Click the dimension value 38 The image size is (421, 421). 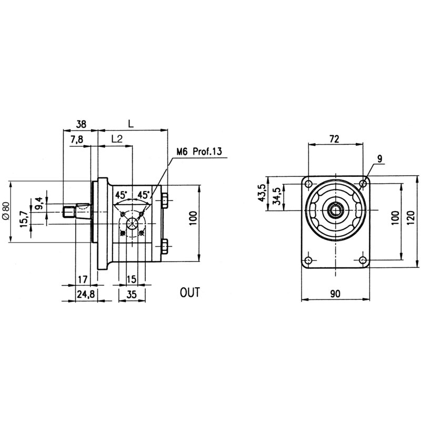[x=81, y=124]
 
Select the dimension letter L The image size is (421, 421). [x=131, y=124]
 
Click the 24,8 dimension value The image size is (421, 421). [x=86, y=295]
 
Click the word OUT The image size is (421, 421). [x=189, y=293]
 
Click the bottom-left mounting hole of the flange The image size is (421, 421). [x=308, y=260]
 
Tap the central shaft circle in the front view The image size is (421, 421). [x=335, y=210]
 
